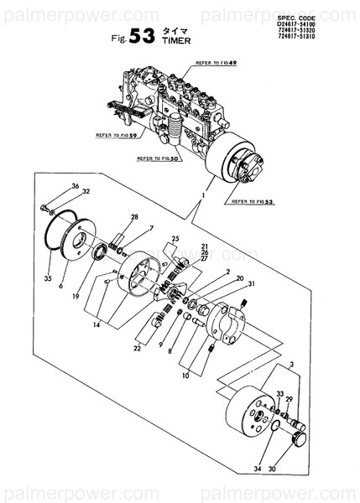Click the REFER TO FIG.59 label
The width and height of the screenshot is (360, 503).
tap(117, 134)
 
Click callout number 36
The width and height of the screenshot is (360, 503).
tap(75, 185)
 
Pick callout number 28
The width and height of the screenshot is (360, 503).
tap(133, 217)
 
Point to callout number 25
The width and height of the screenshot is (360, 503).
tap(175, 239)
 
